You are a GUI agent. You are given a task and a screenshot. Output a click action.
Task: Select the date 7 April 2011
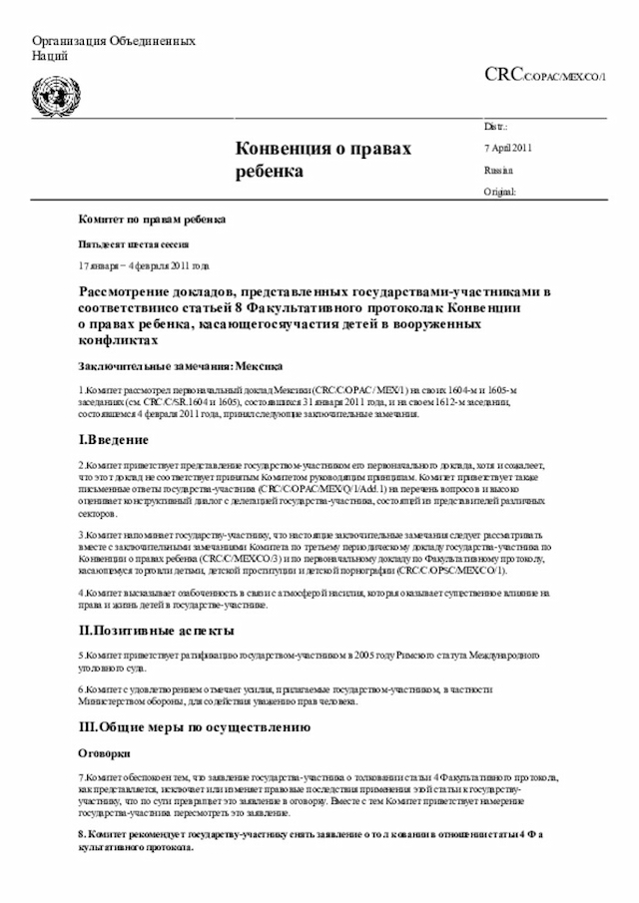click(507, 149)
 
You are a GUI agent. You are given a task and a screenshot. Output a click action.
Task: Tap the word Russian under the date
click(498, 170)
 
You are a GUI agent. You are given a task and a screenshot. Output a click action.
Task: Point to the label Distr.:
click(495, 128)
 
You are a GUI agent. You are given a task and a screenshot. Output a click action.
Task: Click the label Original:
click(499, 191)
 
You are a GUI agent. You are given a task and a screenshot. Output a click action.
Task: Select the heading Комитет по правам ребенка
click(152, 218)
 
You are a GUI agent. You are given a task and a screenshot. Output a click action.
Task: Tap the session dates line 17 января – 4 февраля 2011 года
click(145, 266)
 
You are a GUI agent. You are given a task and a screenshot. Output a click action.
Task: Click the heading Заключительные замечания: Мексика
click(180, 365)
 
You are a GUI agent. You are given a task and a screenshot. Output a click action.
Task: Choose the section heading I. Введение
click(114, 440)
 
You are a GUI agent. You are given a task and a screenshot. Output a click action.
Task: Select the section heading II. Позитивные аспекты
click(157, 631)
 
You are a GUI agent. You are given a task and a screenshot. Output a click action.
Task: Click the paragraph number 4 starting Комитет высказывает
click(81, 594)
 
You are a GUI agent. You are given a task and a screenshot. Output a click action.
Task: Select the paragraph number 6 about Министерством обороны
click(81, 690)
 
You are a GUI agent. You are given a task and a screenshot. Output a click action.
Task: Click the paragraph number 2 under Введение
click(81, 465)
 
